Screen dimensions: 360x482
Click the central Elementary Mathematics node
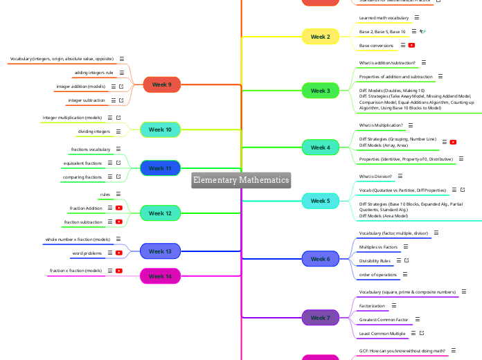coord(241,180)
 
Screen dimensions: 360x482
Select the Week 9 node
coord(161,84)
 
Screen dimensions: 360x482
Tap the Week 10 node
coord(160,129)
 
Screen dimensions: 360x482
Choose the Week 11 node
coord(160,168)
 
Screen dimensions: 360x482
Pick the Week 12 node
coord(160,213)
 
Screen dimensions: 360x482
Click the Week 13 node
coord(160,251)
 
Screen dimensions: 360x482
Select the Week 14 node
coord(160,276)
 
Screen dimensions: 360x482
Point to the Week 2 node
coord(320,37)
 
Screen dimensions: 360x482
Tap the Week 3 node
coord(320,91)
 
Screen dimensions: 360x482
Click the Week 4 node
coord(320,147)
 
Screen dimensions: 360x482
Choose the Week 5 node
coord(320,201)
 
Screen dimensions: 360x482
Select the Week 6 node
coord(320,259)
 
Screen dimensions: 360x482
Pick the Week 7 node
coord(320,318)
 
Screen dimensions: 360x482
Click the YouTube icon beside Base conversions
coord(412,45)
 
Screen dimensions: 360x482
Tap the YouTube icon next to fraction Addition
coord(119,208)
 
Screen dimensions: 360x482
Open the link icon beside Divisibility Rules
coord(407,260)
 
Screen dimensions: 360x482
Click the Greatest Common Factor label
coord(384,320)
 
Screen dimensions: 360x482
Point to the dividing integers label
coord(93,132)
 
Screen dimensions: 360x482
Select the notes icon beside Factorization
coord(394,305)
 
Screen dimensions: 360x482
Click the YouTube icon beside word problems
coord(119,253)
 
